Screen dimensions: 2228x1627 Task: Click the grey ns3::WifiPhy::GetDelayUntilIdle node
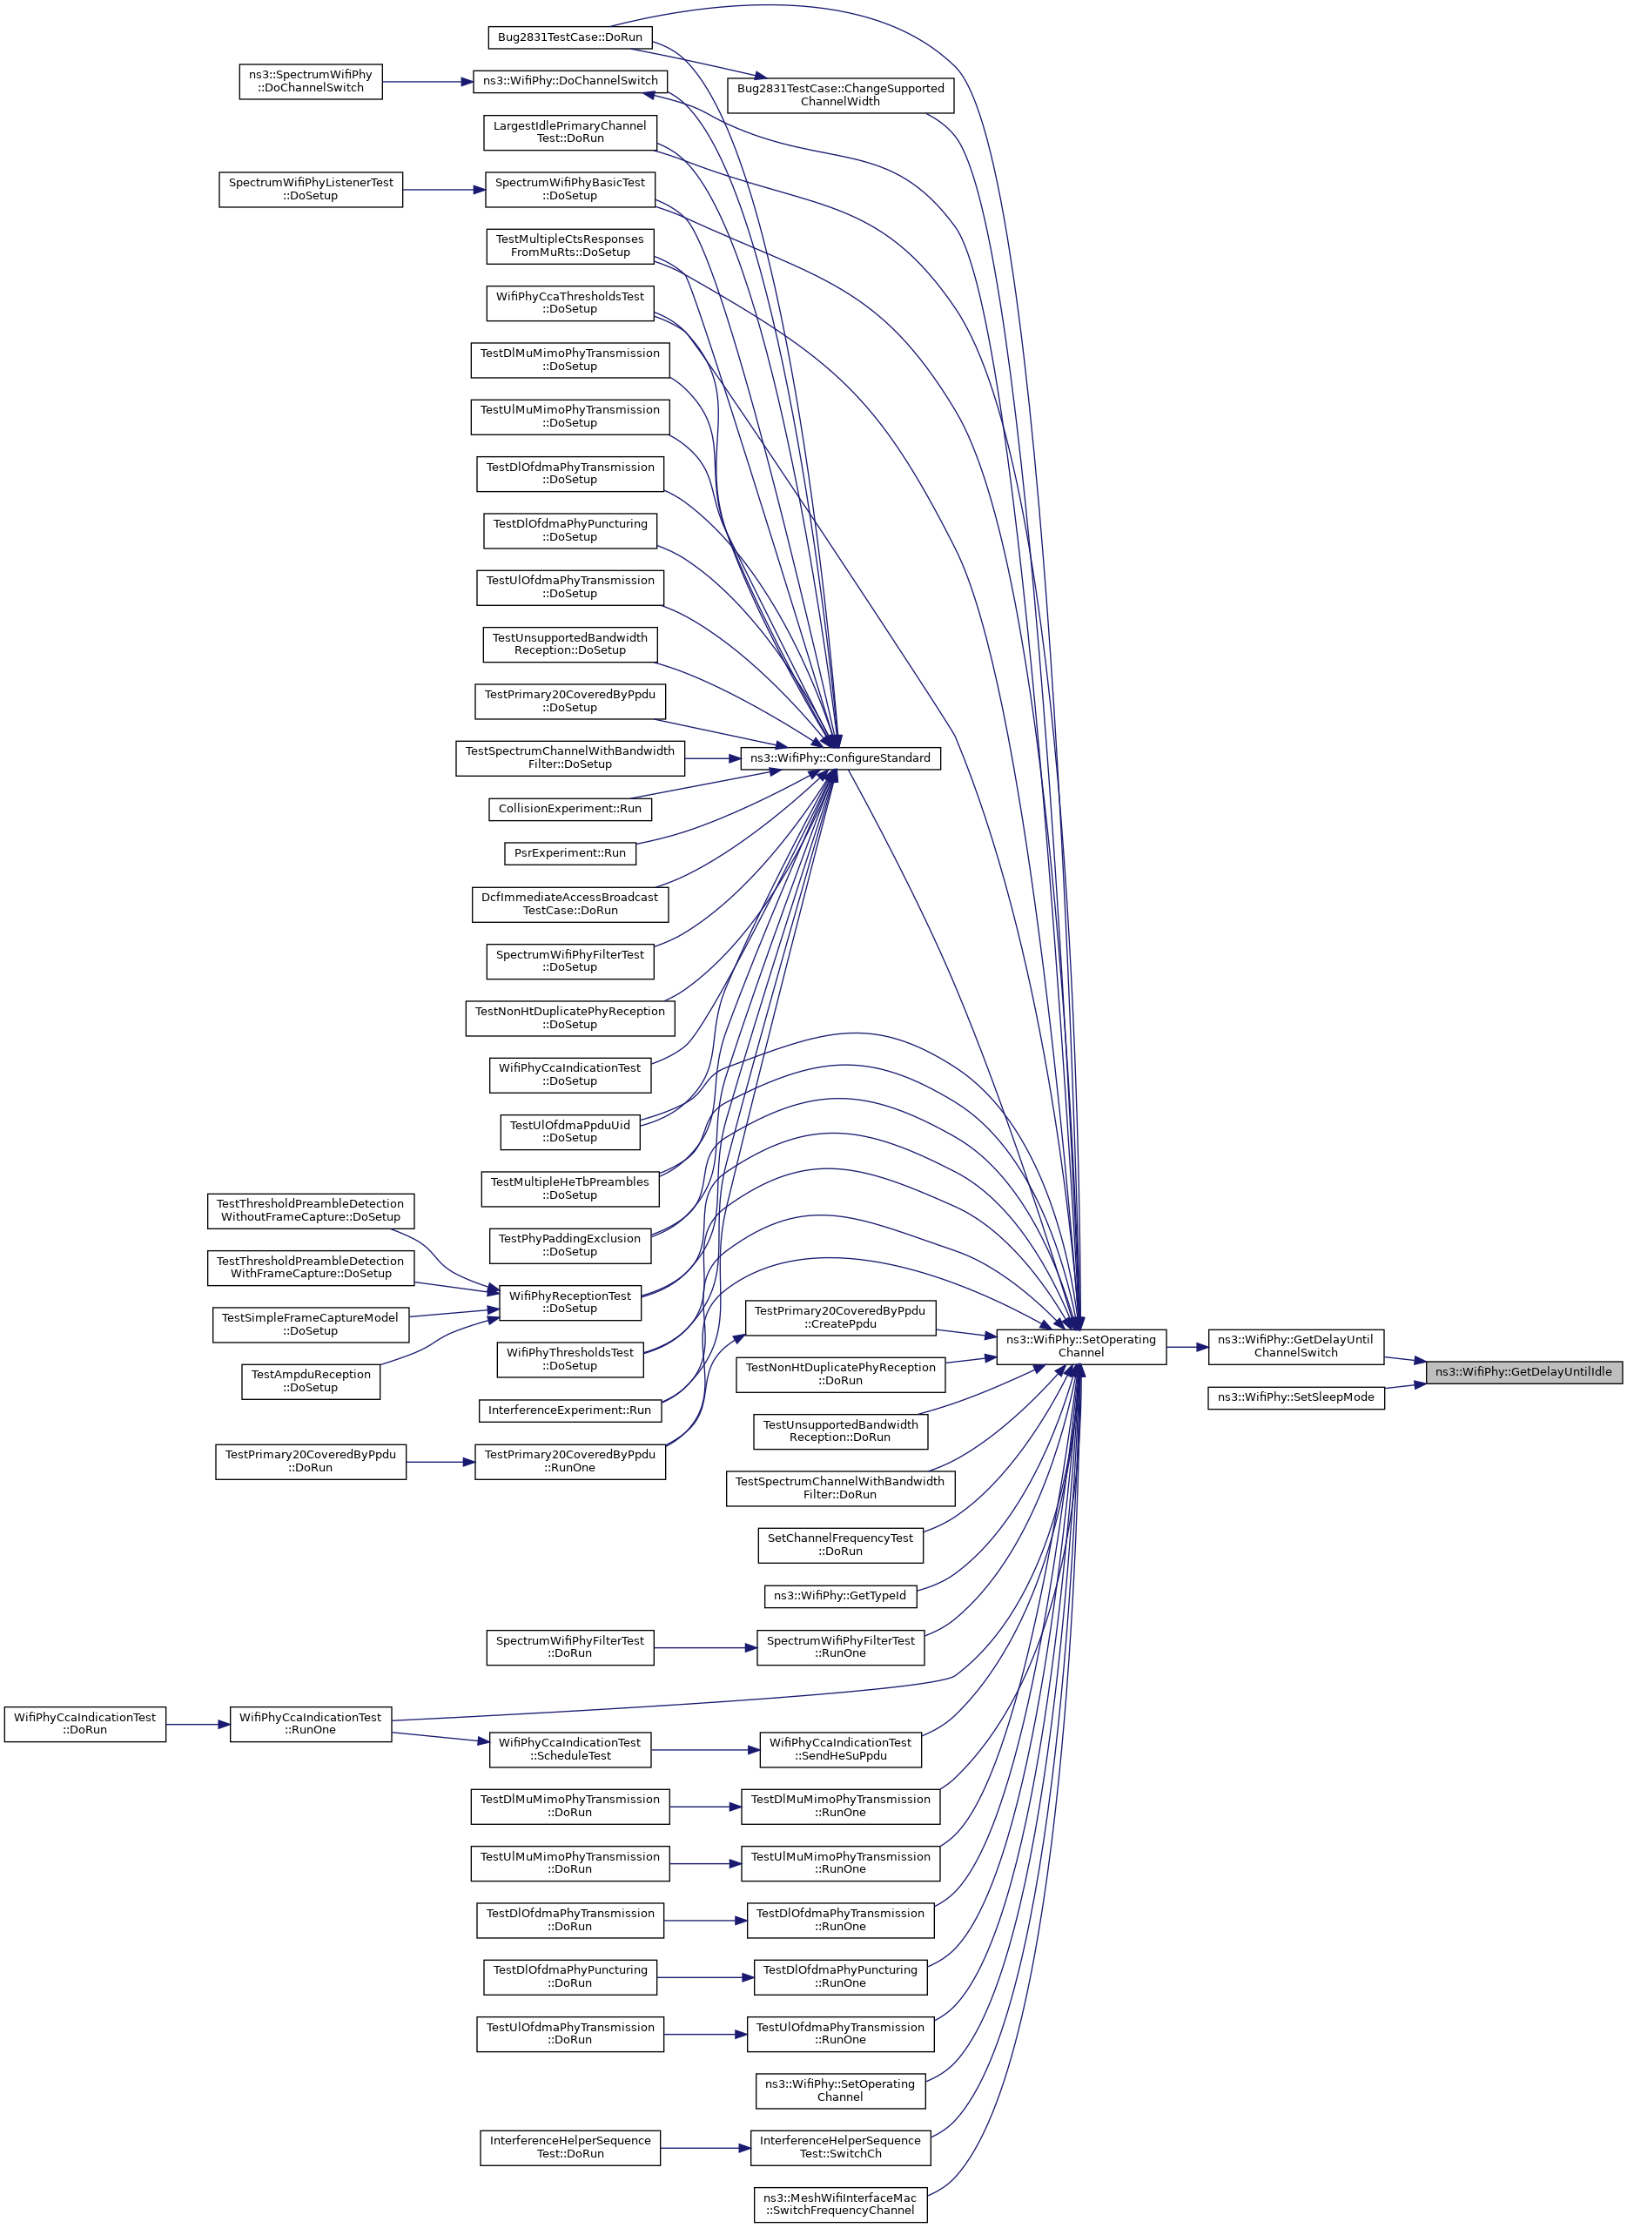pos(1523,1371)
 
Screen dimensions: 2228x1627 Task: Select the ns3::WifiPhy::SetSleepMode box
pos(1295,1397)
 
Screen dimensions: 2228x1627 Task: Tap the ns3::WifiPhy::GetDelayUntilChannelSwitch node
pos(1295,1345)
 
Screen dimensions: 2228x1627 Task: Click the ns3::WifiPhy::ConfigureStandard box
pos(839,757)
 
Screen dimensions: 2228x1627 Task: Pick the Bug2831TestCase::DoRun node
pos(569,37)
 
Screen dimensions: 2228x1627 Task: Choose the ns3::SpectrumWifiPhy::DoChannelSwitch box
pos(310,81)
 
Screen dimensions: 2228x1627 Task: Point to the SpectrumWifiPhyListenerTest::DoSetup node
pos(310,189)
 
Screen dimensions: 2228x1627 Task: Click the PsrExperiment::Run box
pos(569,853)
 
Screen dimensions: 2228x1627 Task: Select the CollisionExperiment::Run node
pos(569,809)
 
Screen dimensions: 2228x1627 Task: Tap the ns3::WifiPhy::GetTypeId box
pos(839,1596)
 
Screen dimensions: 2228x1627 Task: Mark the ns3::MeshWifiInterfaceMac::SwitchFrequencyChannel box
pos(839,2204)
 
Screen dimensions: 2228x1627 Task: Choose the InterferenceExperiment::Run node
pos(569,1410)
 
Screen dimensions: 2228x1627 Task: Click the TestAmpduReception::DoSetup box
pos(310,1381)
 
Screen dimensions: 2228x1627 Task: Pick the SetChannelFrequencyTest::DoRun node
pos(839,1545)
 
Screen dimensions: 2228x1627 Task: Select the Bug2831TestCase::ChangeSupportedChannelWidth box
pos(839,95)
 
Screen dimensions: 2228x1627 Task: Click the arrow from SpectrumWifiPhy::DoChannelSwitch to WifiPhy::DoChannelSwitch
pos(427,82)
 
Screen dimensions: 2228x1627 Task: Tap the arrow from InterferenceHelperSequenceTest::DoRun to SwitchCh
pos(705,2148)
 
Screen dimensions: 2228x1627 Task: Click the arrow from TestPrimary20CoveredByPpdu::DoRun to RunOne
pos(440,1462)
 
